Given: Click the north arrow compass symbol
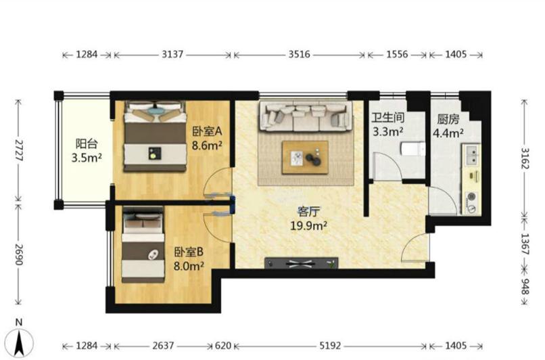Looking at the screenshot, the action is (19, 341).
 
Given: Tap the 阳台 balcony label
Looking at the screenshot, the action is (87, 143).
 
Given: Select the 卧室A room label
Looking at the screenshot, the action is (207, 131).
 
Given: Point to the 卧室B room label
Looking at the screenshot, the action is (189, 252).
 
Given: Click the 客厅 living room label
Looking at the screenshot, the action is (308, 211).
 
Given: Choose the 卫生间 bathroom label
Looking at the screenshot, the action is (388, 118).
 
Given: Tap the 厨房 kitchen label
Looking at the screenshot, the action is (448, 119).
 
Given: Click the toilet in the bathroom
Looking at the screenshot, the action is (413, 149).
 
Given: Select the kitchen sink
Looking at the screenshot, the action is (472, 155).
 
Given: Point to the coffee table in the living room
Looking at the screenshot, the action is (305, 157).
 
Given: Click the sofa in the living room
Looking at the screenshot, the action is (305, 116).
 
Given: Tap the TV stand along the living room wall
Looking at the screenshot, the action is (301, 263).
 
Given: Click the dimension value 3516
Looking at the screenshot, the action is (299, 55).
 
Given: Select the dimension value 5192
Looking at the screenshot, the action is (330, 346).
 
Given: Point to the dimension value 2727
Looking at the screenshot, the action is (19, 150).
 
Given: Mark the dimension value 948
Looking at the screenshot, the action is (525, 287).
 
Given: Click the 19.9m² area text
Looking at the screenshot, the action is (308, 226).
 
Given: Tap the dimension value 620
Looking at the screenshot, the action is (222, 346).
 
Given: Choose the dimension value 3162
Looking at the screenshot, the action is (525, 158).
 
